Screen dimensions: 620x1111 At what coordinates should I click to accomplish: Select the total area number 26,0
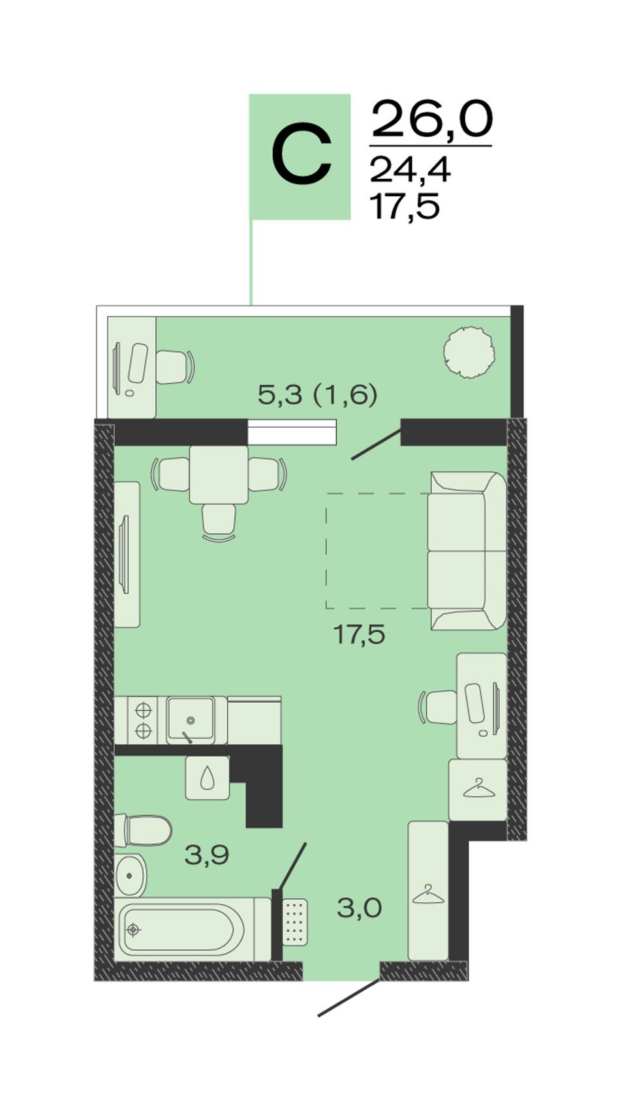[432, 119]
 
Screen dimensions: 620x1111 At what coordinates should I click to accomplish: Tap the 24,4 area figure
[410, 169]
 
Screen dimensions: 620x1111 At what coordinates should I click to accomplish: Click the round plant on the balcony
[469, 352]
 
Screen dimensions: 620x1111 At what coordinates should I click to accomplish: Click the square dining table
[219, 475]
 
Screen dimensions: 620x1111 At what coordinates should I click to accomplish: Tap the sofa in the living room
[467, 550]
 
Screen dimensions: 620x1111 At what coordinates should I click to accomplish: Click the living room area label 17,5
[360, 634]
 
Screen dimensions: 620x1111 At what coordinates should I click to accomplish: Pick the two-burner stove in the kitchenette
[143, 720]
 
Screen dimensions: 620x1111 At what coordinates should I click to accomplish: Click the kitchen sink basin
[191, 719]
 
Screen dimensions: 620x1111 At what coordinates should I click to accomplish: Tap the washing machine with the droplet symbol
[208, 778]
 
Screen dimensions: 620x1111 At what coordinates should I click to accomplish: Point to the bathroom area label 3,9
[206, 855]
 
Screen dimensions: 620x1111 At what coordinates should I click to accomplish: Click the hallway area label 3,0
[360, 908]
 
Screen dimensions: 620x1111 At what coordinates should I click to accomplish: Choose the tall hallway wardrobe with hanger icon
[428, 891]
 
